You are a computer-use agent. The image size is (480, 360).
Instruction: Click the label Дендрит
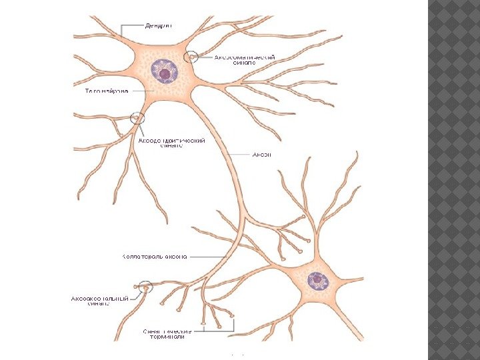click(158, 26)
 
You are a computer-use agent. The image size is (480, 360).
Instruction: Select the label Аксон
click(261, 155)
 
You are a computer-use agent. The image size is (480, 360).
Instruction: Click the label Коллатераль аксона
click(154, 255)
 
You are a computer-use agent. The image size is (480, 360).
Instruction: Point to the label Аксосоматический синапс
click(244, 61)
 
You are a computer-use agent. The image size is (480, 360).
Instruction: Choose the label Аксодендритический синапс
click(171, 144)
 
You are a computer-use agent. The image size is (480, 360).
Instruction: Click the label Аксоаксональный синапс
click(99, 302)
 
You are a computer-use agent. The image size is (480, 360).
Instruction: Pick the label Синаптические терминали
click(167, 333)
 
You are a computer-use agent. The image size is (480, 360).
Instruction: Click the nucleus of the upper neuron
click(163, 70)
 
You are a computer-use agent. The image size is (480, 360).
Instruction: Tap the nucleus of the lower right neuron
click(317, 281)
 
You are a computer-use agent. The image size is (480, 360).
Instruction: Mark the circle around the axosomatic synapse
click(193, 57)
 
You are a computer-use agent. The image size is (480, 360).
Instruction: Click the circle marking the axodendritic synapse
click(138, 119)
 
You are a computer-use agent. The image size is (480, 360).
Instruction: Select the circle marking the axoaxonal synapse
click(145, 287)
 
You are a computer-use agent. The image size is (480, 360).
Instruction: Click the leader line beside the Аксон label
click(238, 154)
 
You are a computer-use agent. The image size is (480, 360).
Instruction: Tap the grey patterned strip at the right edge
click(454, 180)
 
